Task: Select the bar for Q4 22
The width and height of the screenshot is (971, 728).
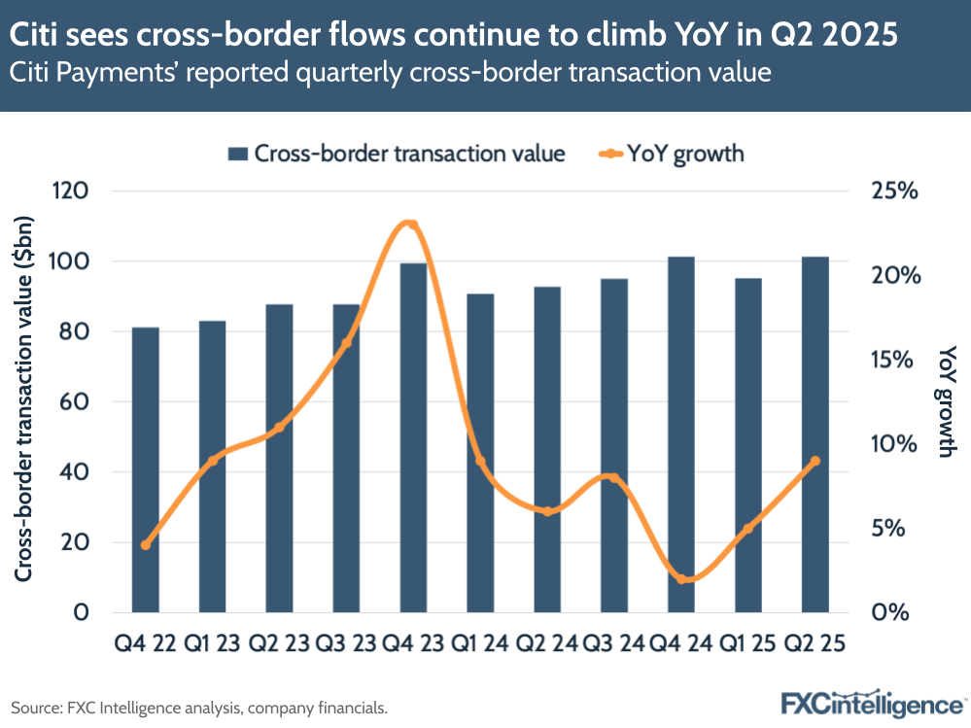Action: pos(146,470)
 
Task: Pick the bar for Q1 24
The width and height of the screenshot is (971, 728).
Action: pos(480,453)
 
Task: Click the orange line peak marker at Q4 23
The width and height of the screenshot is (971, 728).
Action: pos(413,225)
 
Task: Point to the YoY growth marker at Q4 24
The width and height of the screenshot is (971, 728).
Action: pos(681,579)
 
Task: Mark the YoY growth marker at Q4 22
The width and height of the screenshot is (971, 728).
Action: pos(146,545)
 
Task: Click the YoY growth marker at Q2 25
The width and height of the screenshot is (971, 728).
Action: pos(815,461)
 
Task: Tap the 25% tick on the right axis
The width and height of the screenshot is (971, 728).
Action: pos(894,191)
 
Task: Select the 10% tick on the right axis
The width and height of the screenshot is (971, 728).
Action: pos(894,444)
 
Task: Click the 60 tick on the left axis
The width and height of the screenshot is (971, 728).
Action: pos(75,401)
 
